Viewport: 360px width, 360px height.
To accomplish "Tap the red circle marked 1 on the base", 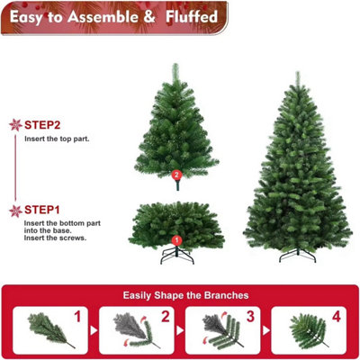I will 176,240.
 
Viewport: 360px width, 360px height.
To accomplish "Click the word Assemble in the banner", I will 111,15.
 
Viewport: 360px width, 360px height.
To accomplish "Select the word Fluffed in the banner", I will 193,15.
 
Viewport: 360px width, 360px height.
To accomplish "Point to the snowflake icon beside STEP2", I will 14,125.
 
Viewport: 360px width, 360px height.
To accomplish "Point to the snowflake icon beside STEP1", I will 14,211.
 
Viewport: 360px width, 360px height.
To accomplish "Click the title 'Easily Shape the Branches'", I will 180,294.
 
